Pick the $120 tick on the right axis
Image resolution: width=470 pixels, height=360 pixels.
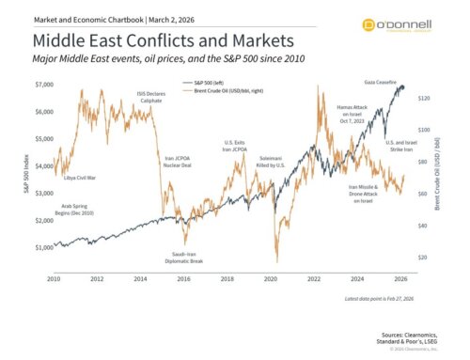click(424, 98)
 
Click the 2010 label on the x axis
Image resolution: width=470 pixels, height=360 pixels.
click(54, 279)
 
